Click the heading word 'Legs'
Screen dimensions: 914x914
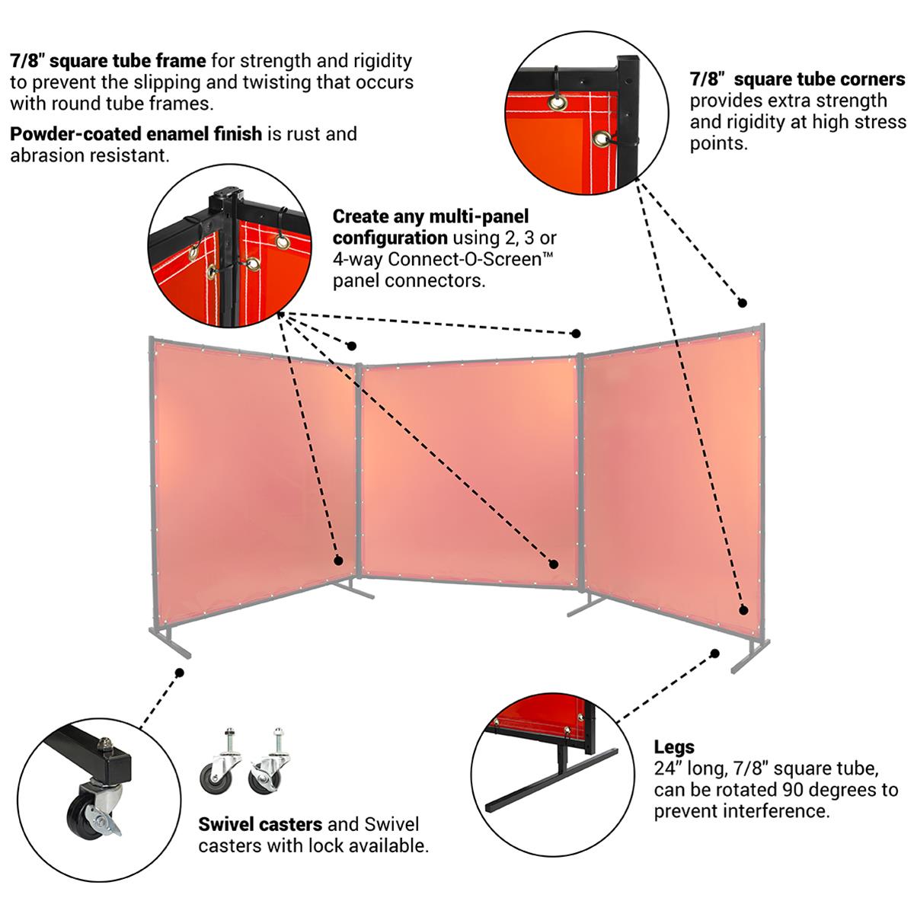(x=674, y=747)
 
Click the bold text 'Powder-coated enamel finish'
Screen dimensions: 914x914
(x=136, y=134)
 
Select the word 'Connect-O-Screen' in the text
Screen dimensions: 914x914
(x=470, y=259)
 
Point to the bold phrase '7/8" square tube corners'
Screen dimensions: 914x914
(x=797, y=79)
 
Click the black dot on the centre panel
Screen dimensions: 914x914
(x=554, y=564)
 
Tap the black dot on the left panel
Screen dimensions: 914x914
(x=338, y=560)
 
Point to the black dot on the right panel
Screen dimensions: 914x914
(x=743, y=609)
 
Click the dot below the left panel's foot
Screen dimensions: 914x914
(x=180, y=673)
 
